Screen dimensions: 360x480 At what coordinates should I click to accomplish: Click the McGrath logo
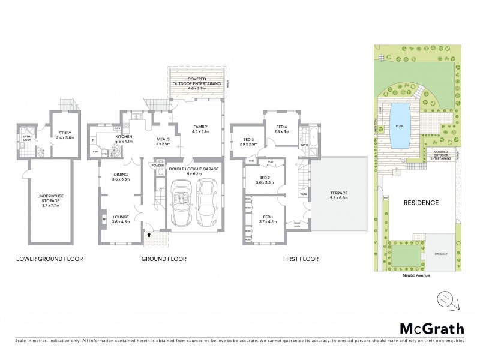(431, 328)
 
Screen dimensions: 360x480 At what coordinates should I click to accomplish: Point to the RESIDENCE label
(421, 203)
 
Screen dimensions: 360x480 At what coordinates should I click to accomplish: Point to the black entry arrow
(149, 235)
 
